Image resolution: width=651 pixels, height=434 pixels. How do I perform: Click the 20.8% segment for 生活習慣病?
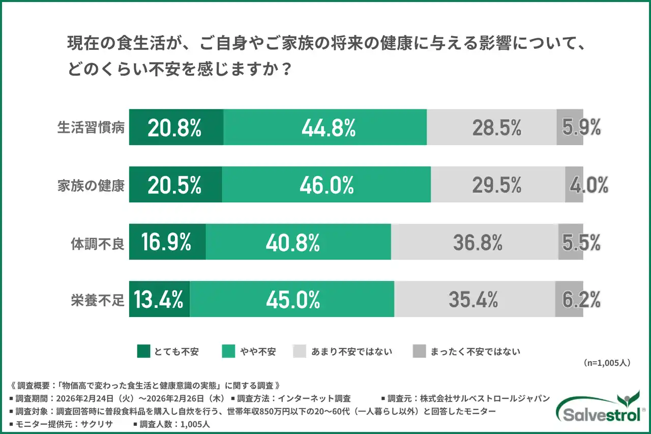(175, 128)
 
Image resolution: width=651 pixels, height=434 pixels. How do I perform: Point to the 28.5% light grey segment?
(492, 128)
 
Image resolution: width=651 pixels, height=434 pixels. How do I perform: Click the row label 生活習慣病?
(91, 128)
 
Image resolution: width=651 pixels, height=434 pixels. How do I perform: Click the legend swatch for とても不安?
(143, 351)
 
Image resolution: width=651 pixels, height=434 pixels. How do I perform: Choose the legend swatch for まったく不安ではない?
(419, 351)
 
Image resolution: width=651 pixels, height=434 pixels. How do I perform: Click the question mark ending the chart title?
(286, 70)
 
